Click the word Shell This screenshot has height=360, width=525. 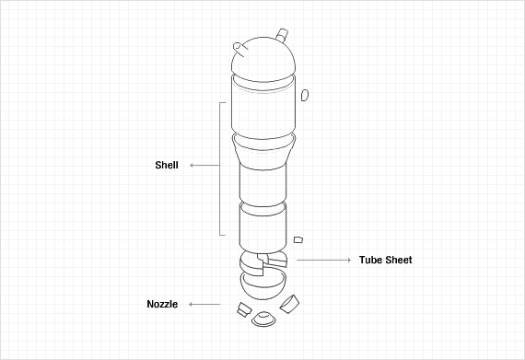pyautogui.click(x=167, y=165)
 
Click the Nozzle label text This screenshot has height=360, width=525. pyautogui.click(x=162, y=304)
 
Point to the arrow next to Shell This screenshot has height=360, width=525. pyautogui.click(x=204, y=166)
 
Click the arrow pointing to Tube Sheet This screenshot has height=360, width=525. pyautogui.click(x=324, y=260)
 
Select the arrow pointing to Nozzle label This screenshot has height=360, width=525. pyautogui.click(x=204, y=304)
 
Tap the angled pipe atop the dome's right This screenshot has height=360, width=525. pyautogui.click(x=282, y=35)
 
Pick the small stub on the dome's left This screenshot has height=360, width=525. pyautogui.click(x=240, y=49)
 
